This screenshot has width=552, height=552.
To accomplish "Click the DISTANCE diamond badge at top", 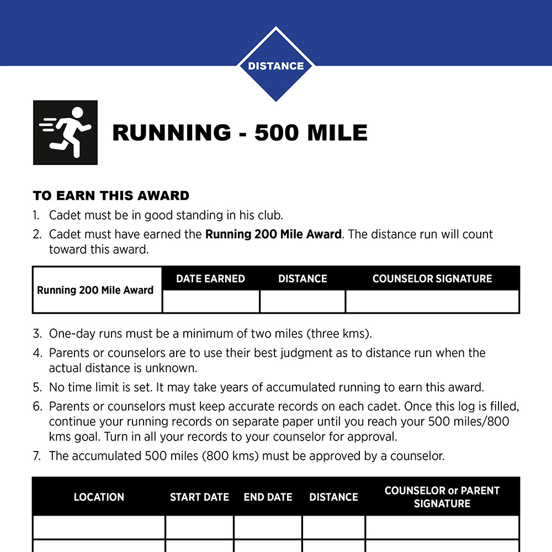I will [x=275, y=66].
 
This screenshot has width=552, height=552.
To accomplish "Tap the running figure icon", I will [x=65, y=132].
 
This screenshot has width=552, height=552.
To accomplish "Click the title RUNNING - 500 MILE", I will [x=240, y=133].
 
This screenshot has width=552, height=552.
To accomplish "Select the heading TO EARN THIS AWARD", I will [x=111, y=195].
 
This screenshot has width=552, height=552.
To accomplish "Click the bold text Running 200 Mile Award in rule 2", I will [x=273, y=234].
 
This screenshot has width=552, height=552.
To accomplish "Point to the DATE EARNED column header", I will [x=210, y=279].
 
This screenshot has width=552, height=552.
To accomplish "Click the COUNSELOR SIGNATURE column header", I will [x=432, y=279].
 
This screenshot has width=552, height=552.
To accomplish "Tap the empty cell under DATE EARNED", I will [x=211, y=301].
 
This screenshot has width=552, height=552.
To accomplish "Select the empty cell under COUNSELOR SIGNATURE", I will [x=432, y=301].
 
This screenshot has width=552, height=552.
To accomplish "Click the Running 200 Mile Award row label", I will [x=95, y=290].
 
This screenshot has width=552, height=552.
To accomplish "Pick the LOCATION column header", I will [x=99, y=497].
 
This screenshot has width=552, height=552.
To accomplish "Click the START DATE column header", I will [x=199, y=497].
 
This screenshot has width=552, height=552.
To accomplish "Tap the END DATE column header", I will [x=268, y=497].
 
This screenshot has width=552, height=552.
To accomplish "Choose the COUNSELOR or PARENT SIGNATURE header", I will [x=442, y=497].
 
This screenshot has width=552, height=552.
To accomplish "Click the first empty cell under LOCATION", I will [x=99, y=527].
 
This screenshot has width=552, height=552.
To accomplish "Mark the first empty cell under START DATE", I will [x=199, y=527].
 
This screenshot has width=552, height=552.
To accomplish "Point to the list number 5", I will [x=37, y=387].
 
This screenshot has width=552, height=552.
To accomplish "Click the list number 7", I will [x=37, y=456].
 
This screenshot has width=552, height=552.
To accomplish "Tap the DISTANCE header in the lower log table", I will [x=333, y=497].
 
